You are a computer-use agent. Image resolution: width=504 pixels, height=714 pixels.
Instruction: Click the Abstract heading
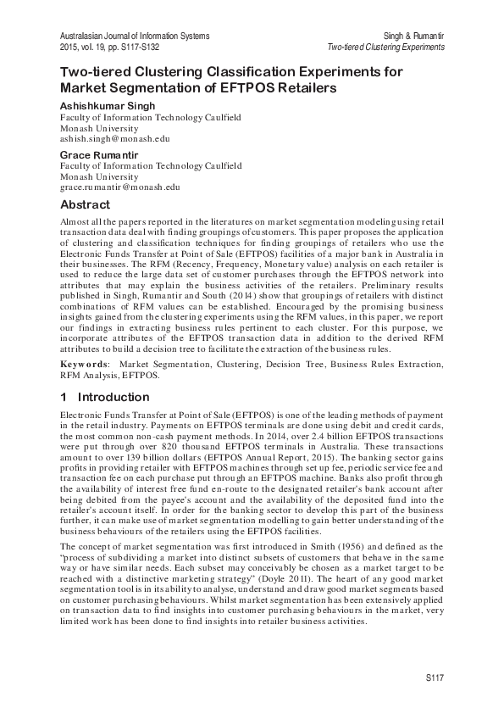pyautogui.click(x=85, y=205)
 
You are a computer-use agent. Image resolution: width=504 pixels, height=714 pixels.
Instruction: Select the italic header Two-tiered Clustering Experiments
pyautogui.click(x=385, y=47)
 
